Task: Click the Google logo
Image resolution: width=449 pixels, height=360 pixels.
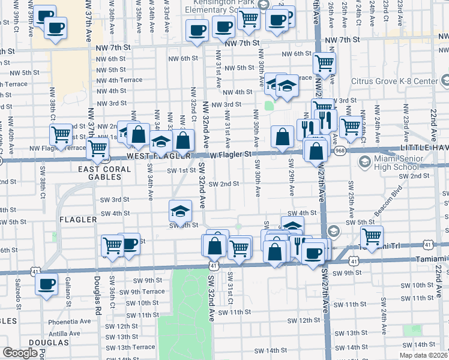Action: pos(20,353)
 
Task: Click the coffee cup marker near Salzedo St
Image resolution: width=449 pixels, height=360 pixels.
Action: pos(46,285)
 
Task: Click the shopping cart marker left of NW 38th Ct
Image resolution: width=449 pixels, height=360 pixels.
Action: pos(61,136)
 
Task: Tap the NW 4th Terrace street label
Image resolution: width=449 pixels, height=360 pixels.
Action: pos(120,80)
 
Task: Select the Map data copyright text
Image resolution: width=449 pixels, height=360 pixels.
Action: pos(423,355)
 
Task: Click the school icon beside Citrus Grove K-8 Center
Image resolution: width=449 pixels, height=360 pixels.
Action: pos(444,80)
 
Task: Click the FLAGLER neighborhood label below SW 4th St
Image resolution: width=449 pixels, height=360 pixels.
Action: pos(78,220)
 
